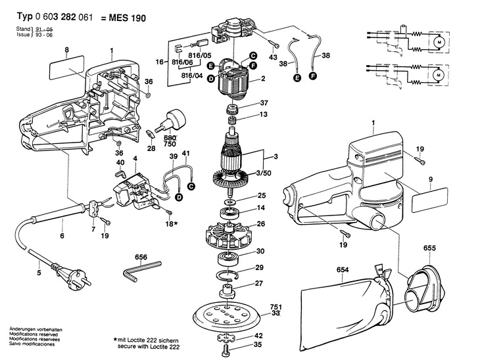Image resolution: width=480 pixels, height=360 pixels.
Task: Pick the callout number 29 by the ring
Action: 260,267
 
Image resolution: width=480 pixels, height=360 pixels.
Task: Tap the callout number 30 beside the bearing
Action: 260,252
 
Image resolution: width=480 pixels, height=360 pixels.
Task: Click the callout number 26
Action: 260,224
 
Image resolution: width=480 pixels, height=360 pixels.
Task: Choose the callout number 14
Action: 260,208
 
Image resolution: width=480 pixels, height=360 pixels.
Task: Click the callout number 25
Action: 260,196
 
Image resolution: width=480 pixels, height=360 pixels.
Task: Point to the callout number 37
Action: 264,102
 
